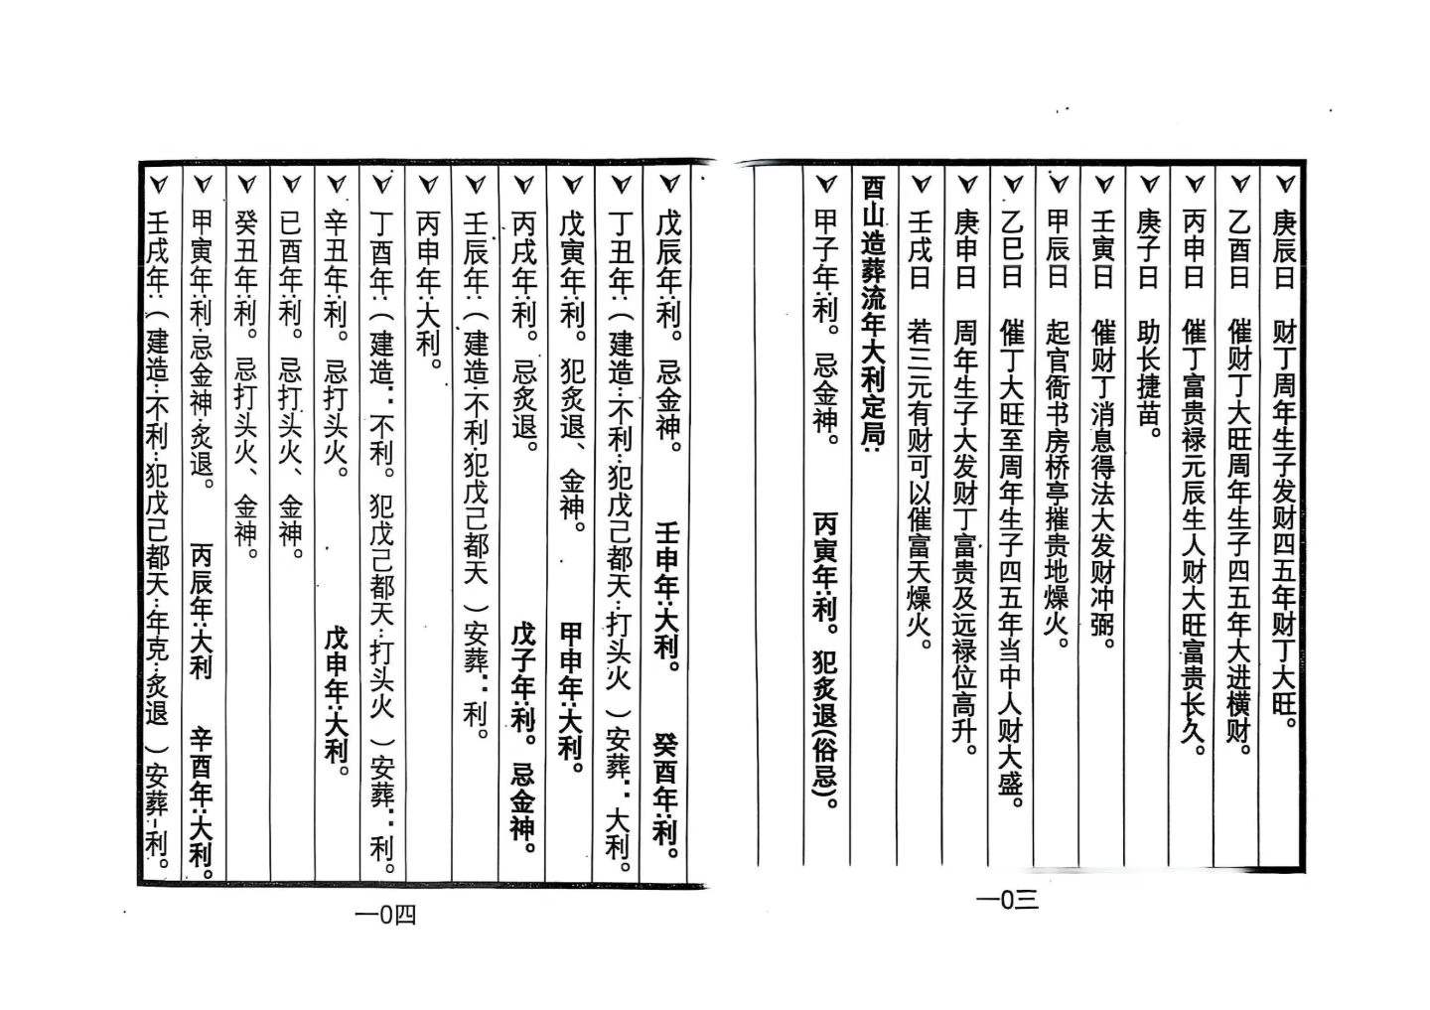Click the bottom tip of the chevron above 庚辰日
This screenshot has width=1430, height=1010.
[1284, 194]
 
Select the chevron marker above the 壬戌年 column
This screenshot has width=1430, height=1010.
[158, 185]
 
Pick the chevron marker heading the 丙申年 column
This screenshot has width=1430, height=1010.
[428, 185]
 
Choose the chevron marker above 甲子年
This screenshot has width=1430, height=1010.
[826, 185]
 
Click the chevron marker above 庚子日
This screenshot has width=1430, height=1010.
[1148, 185]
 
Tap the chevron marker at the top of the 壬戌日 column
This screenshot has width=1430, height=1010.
[920, 185]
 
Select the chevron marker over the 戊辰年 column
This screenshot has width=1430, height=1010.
[669, 185]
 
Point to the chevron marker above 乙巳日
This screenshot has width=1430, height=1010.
[1013, 185]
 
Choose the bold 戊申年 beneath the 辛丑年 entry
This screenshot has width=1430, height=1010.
[337, 660]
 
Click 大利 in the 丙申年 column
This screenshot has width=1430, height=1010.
[428, 334]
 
